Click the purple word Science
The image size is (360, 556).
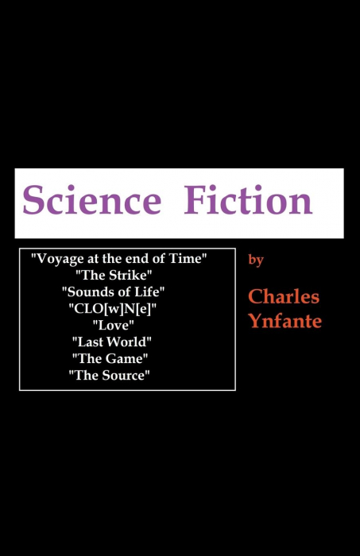click(92, 200)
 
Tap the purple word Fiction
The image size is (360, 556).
click(248, 200)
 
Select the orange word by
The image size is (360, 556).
click(256, 260)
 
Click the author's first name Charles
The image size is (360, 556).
click(284, 296)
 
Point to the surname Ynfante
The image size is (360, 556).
click(285, 321)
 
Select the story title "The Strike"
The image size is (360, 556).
click(114, 275)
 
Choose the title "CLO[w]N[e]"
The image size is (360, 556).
click(113, 309)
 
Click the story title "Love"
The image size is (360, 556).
click(113, 325)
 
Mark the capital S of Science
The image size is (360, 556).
click(33, 200)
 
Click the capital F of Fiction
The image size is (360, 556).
click(194, 200)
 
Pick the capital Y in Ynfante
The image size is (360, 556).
click(255, 320)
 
